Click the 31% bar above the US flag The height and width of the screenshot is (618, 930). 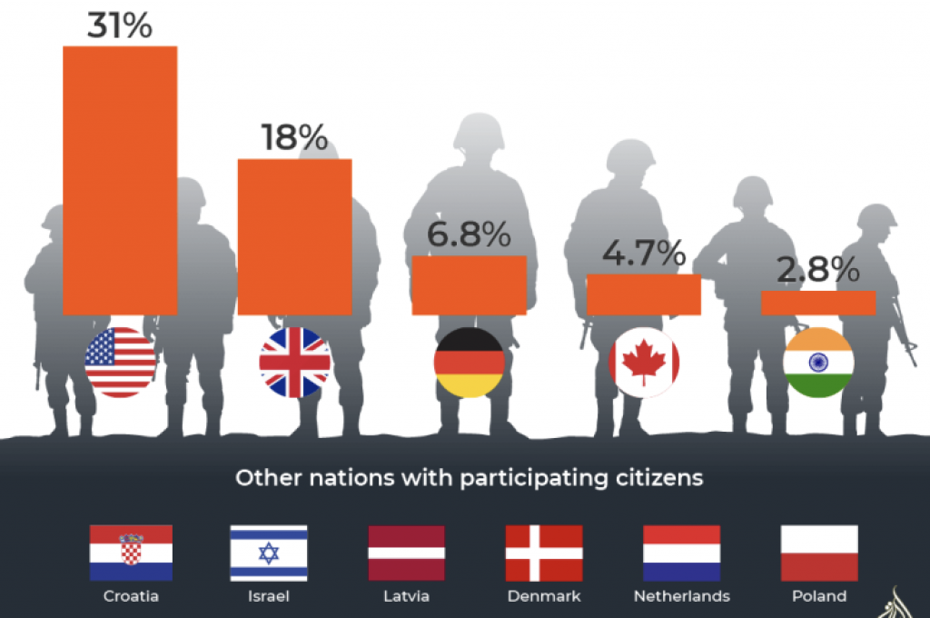(120, 180)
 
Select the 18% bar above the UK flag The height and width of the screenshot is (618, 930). (294, 236)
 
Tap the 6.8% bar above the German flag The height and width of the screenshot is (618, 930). (469, 285)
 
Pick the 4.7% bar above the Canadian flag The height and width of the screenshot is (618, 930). (643, 294)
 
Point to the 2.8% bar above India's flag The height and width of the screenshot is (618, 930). (817, 303)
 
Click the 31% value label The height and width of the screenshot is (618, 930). (120, 25)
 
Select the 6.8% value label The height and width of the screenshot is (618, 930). (469, 235)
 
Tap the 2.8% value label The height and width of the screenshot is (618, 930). (817, 271)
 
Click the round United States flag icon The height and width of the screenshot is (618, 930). (120, 363)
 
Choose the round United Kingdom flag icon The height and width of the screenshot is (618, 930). (294, 363)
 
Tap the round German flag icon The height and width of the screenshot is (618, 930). (469, 363)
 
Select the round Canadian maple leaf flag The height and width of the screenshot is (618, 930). (643, 363)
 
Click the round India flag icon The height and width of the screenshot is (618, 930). (817, 363)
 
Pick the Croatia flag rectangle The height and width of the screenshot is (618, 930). (131, 553)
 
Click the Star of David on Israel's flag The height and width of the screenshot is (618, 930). (268, 553)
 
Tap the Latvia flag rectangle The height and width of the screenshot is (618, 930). (406, 553)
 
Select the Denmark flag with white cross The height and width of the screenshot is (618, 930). (543, 553)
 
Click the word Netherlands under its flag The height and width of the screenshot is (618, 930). (681, 597)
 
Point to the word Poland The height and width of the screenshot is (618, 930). (818, 597)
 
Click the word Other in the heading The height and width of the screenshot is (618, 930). (260, 477)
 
